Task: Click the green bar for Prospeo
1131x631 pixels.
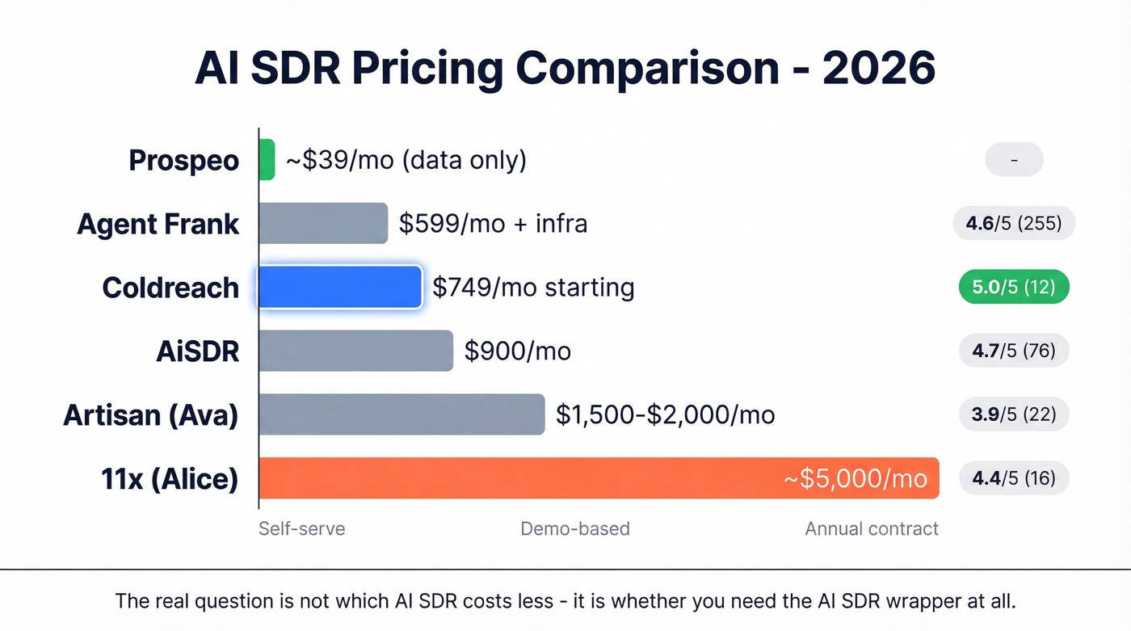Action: pos(267,159)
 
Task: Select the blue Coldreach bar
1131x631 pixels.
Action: pos(339,287)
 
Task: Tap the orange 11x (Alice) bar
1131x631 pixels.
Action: pos(598,478)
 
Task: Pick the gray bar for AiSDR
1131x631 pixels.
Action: pos(355,351)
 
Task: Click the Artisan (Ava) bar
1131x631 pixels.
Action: pos(402,414)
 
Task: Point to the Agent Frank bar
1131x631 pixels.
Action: pos(323,223)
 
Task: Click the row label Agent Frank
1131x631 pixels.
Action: pos(158,224)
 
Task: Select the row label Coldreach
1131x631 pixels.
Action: pos(170,288)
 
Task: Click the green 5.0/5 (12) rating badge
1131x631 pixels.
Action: pos(1013,288)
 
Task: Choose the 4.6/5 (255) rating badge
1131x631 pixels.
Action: pos(1013,224)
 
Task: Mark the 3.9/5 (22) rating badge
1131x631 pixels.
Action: pos(1013,414)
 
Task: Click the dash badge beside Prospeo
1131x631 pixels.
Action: pos(1014,160)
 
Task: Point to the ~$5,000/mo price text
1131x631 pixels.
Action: pos(856,478)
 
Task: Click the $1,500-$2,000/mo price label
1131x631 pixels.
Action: pos(665,415)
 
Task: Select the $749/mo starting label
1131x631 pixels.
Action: pos(533,288)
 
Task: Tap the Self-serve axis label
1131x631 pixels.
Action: pos(301,529)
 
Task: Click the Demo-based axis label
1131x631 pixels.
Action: pos(574,529)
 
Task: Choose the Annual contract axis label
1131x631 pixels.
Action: pos(872,529)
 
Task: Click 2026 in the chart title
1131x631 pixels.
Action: pos(879,69)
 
